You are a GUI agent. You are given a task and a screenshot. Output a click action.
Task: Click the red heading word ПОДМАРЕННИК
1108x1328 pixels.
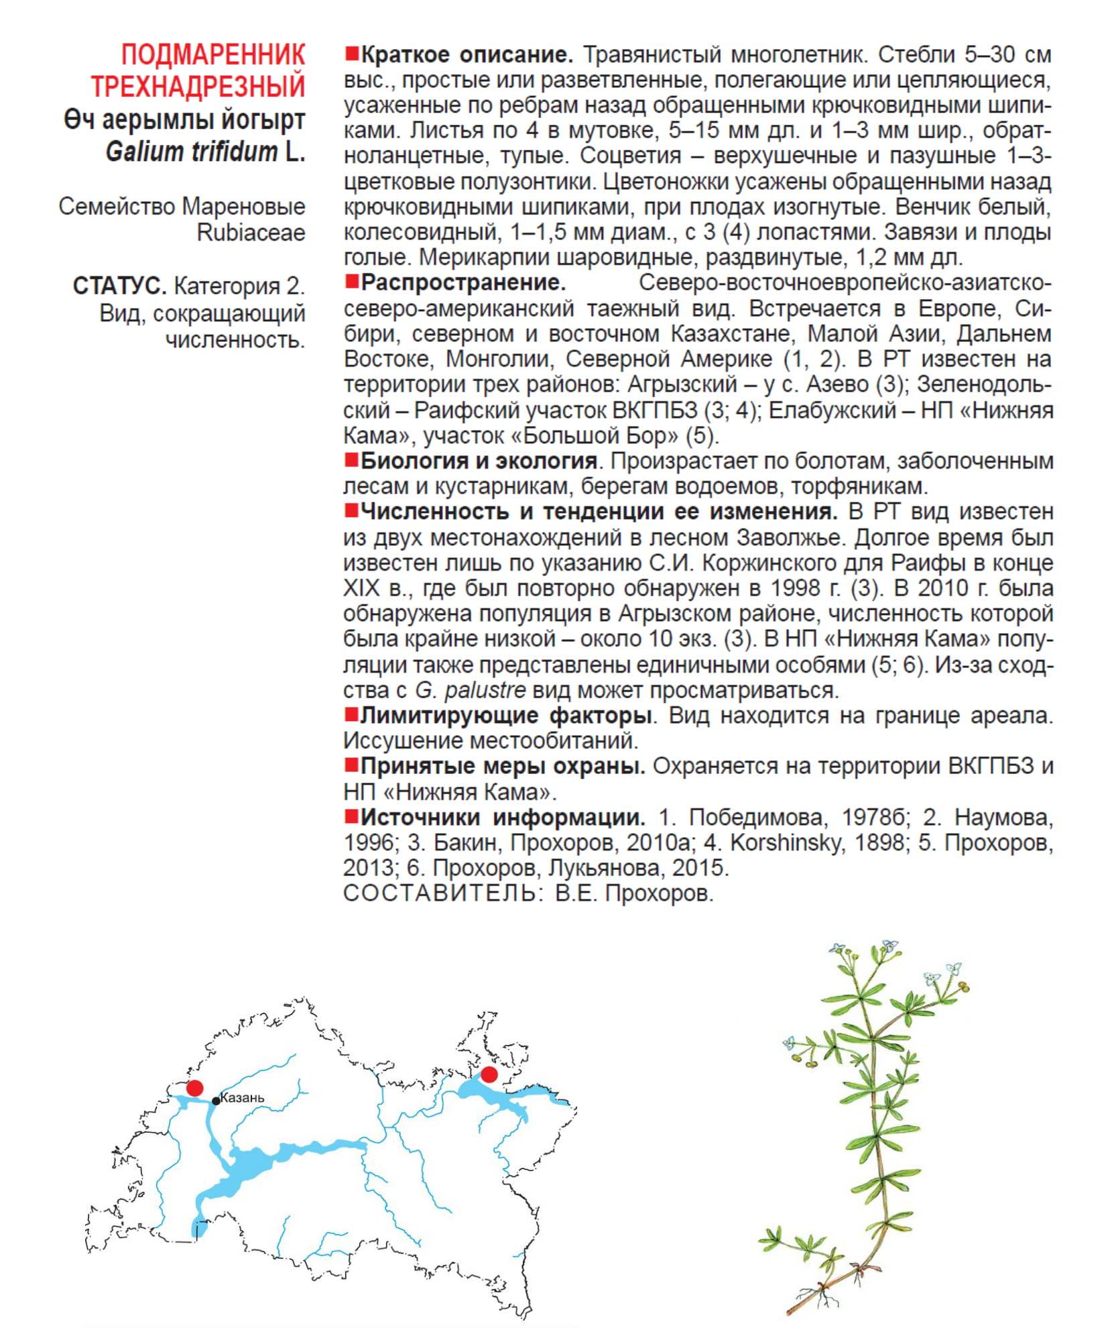pos(212,54)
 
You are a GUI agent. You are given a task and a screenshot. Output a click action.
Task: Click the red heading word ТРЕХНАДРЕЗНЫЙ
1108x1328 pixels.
pos(198,87)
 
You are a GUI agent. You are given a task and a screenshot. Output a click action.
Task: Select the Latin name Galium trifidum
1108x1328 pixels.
pos(191,152)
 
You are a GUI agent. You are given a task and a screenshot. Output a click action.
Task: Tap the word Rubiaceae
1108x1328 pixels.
pos(251,233)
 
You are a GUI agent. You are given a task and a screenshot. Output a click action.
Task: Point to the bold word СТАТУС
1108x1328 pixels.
pos(119,286)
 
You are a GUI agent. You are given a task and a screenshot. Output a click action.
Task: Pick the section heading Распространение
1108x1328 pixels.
pos(463,282)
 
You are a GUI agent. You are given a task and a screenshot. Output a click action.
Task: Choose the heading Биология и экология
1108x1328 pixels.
pos(479,461)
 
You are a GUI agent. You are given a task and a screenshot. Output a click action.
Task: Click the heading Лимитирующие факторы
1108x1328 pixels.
pos(505,716)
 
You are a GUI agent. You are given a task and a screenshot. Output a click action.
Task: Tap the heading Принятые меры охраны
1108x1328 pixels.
pos(502,766)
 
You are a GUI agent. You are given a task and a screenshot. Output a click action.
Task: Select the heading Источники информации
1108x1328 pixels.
pos(502,817)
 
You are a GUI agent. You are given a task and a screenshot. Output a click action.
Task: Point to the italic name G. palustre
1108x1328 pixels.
pos(470,690)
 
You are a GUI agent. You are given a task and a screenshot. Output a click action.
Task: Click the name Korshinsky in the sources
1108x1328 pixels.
pos(785,842)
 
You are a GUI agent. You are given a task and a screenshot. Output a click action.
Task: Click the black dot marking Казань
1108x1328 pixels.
pos(216,1101)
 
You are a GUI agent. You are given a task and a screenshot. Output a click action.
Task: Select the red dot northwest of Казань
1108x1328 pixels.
pos(195,1088)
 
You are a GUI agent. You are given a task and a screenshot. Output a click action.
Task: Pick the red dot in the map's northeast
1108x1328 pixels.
pos(489,1074)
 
